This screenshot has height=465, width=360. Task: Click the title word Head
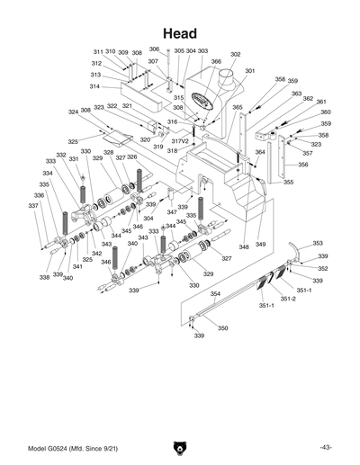[180, 32]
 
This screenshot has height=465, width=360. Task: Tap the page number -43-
[325, 447]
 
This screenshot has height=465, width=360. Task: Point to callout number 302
[236, 55]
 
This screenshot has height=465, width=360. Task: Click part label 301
[249, 71]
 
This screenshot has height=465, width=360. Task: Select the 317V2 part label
[180, 141]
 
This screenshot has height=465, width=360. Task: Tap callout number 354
[215, 294]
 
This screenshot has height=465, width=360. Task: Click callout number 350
[222, 328]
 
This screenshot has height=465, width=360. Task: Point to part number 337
[33, 206]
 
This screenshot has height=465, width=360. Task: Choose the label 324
[73, 112]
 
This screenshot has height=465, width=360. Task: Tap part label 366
[216, 62]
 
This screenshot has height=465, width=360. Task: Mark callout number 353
[318, 243]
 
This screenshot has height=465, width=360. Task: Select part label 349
[261, 245]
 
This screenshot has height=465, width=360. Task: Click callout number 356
[303, 165]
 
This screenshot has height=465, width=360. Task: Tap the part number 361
[319, 102]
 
